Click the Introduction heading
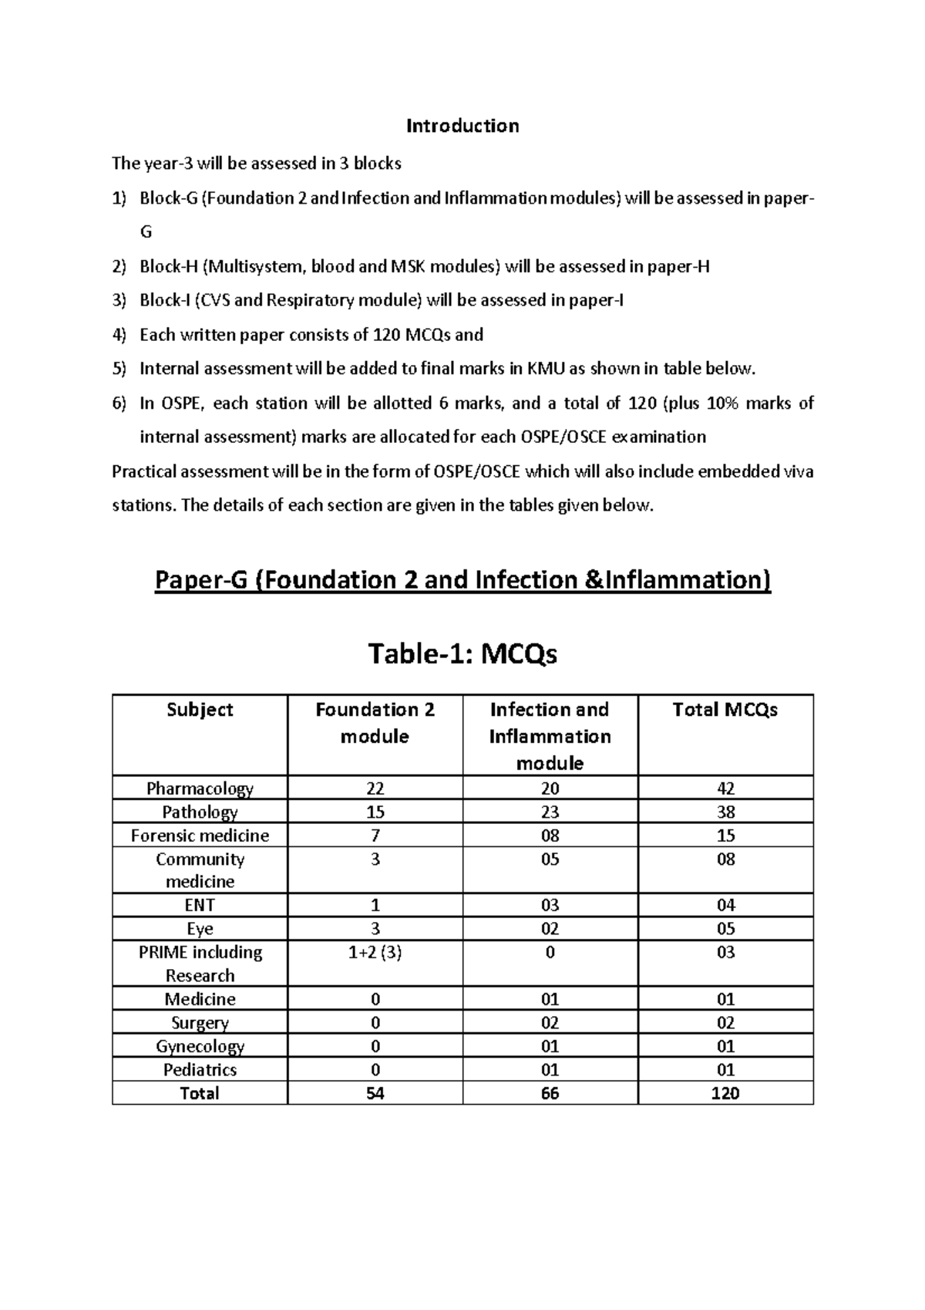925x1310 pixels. click(462, 126)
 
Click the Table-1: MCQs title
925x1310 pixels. click(462, 654)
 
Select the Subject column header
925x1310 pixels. click(200, 710)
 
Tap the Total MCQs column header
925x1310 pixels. click(725, 710)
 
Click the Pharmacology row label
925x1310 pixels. click(200, 788)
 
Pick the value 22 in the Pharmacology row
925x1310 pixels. click(375, 788)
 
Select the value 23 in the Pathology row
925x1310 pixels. click(550, 812)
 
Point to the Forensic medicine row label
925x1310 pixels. click(200, 836)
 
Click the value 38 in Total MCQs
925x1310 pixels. click(725, 812)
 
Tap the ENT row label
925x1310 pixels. click(200, 905)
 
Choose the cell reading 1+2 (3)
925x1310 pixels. click(375, 953)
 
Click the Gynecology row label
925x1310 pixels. click(200, 1046)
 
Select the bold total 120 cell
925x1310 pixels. click(725, 1093)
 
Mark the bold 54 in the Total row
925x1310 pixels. click(375, 1093)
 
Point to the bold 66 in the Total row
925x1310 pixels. click(550, 1093)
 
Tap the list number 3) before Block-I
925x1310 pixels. click(119, 301)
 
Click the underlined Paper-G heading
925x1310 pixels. click(462, 580)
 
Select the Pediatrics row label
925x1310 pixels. click(200, 1070)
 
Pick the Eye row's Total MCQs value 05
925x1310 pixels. click(725, 929)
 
